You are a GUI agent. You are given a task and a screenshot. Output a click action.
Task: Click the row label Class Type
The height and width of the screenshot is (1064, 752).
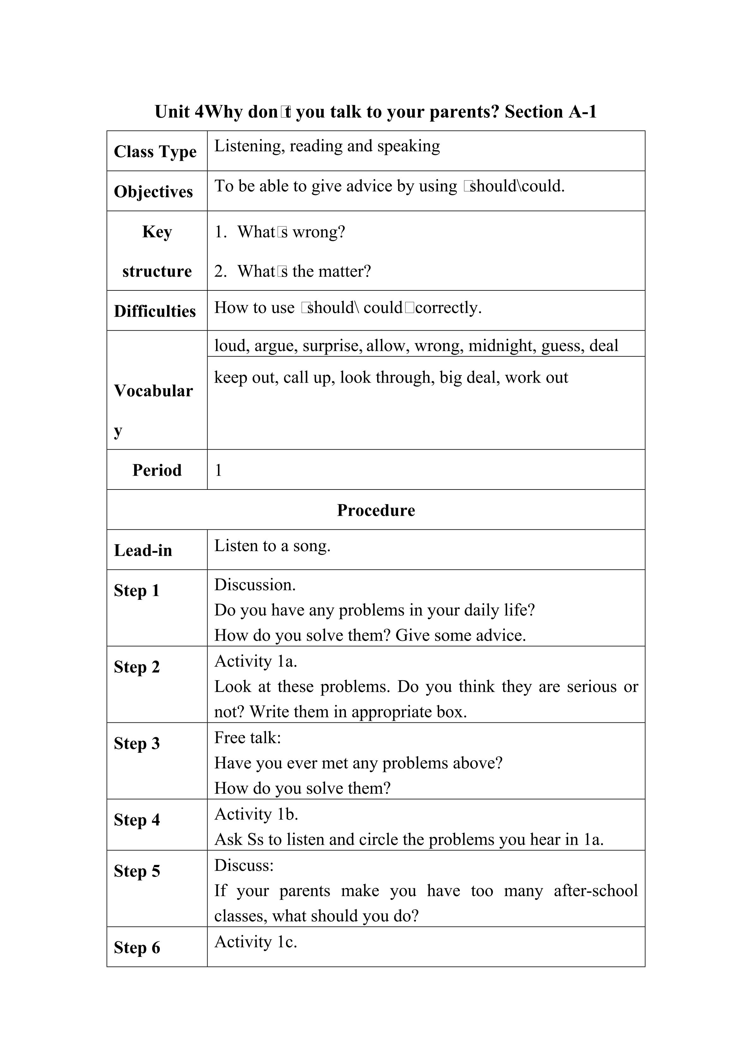pos(155,152)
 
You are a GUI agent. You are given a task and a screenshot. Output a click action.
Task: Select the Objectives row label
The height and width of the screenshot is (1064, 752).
pos(153,192)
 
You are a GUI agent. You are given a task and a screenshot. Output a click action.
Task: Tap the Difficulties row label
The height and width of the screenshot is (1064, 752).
pos(155,311)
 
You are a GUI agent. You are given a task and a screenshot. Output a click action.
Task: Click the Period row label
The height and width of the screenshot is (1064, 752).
pos(157,470)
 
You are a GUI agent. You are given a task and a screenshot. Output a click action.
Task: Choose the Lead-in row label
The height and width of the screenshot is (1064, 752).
pos(143,550)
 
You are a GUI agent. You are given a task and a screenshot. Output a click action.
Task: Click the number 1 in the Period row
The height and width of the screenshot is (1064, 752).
pos(218,470)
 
